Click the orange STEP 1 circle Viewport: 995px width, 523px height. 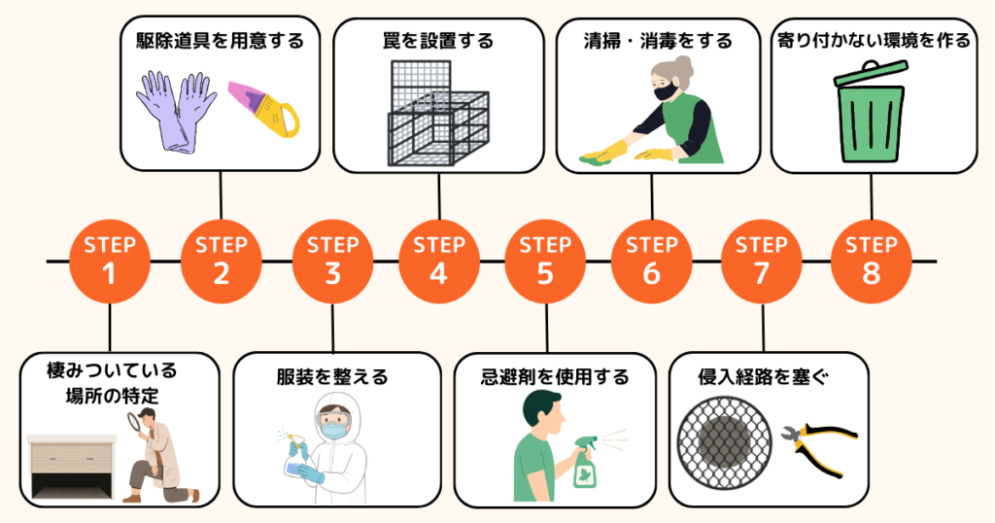click(x=110, y=261)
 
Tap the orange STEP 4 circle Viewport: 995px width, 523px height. click(x=438, y=261)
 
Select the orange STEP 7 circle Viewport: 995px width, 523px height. click(x=762, y=261)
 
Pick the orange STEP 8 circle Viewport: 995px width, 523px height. click(x=871, y=261)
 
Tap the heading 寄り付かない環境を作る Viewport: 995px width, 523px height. click(x=872, y=41)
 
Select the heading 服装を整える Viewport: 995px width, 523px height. click(x=332, y=376)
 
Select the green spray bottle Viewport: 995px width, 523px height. click(x=585, y=462)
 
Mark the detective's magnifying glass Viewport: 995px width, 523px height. click(x=135, y=422)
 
